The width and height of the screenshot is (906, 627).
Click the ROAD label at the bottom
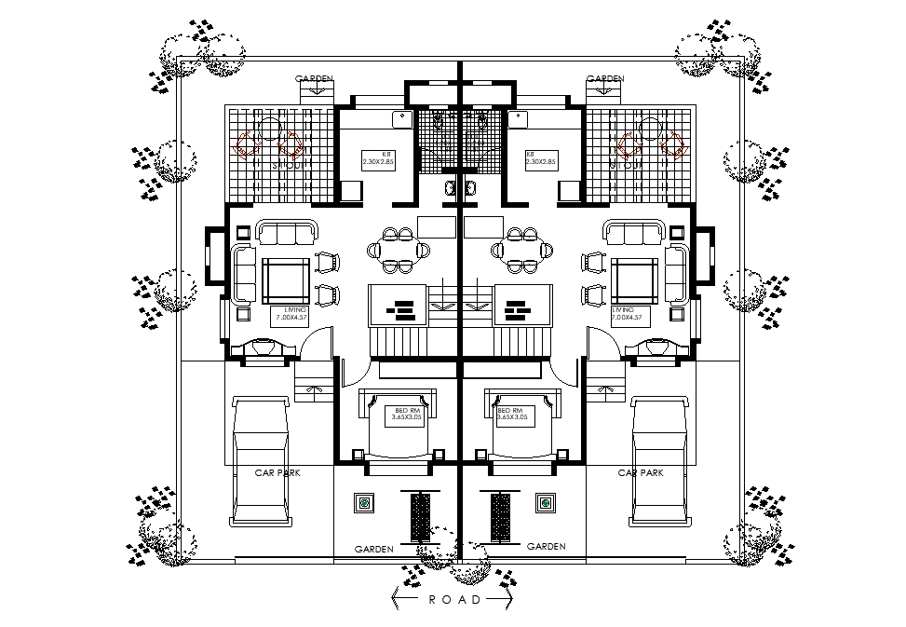tap(455, 600)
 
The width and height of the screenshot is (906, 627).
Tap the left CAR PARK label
tap(277, 473)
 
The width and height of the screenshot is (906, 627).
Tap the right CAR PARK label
tap(641, 473)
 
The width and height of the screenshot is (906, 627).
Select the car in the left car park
tap(262, 460)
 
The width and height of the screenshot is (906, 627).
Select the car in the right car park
tap(660, 460)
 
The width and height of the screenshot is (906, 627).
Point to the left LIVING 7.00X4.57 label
tap(290, 314)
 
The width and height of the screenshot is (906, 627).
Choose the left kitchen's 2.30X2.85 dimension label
tap(378, 162)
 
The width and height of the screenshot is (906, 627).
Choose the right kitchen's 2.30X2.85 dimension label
tap(541, 162)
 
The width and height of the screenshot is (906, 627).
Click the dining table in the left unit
tap(400, 250)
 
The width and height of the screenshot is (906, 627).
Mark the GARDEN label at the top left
tap(314, 79)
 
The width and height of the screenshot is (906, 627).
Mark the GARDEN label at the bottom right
tap(547, 547)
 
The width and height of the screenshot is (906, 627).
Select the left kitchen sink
tap(402, 118)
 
